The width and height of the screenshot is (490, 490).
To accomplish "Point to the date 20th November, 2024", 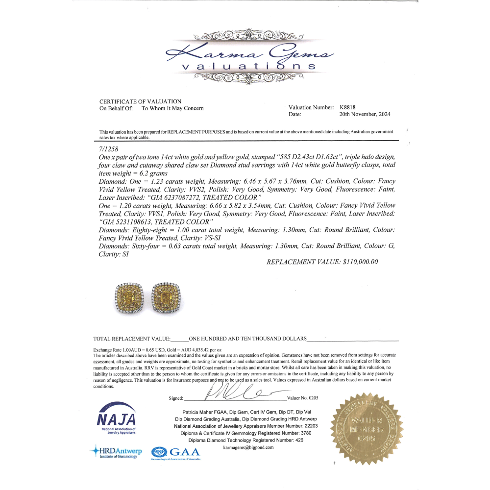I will click(365, 115).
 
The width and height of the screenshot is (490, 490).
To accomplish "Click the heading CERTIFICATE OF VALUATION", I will click(140, 101).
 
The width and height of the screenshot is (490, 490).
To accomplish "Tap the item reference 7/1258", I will click(108, 147).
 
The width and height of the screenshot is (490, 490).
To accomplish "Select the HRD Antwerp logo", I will click(116, 452).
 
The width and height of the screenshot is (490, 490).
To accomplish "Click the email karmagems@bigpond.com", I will click(248, 447).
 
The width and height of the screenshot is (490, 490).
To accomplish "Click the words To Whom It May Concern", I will click(172, 108).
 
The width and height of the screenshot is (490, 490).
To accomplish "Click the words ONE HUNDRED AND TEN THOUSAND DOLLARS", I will click(247, 339).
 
